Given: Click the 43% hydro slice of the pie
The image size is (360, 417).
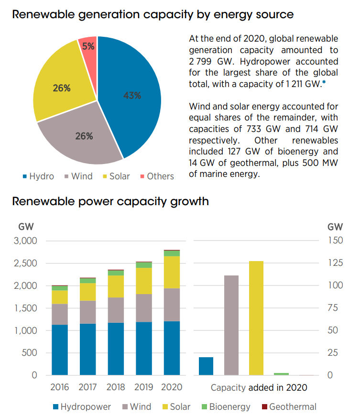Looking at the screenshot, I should pyautogui.click(x=129, y=96).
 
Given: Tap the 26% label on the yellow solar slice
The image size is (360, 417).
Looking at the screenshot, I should pyautogui.click(x=61, y=88).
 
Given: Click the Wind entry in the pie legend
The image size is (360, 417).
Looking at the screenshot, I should pyautogui.click(x=82, y=176).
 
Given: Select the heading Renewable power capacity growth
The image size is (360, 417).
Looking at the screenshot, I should pyautogui.click(x=110, y=201).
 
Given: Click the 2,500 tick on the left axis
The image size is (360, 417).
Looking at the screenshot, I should pyautogui.click(x=27, y=263).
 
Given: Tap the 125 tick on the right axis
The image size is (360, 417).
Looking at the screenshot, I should pyautogui.click(x=336, y=263).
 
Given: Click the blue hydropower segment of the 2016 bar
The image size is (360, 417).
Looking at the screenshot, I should pyautogui.click(x=59, y=350).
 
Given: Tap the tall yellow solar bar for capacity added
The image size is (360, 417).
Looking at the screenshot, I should pyautogui.click(x=256, y=318).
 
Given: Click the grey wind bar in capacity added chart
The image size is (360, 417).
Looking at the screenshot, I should pyautogui.click(x=231, y=325).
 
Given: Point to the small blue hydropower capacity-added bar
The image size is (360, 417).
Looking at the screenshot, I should pyautogui.click(x=206, y=366).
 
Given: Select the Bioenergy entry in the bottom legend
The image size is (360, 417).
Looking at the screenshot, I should pyautogui.click(x=229, y=407).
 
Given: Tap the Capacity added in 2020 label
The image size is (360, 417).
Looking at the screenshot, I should pyautogui.click(x=259, y=387).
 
